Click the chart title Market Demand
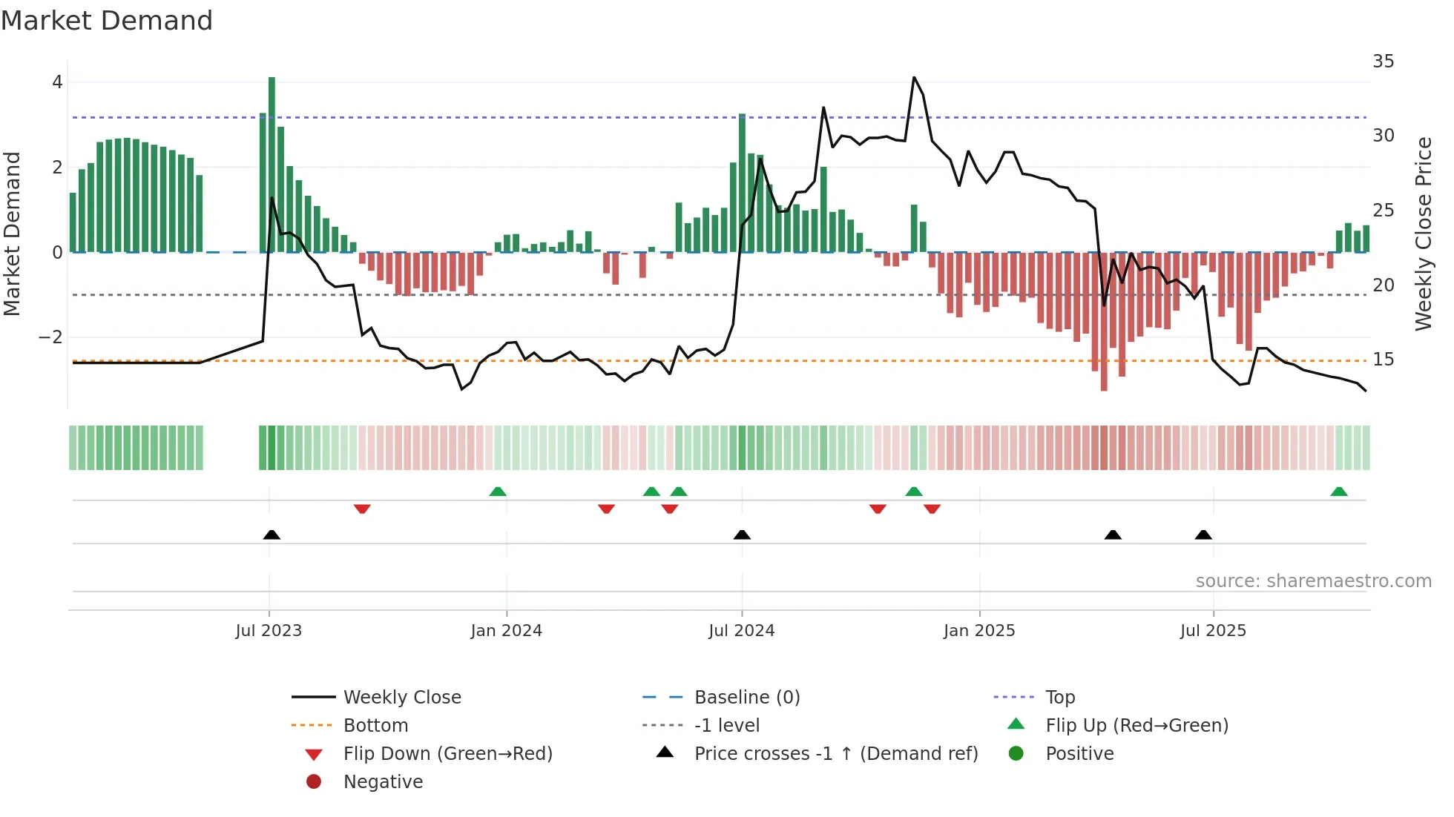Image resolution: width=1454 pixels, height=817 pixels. tap(107, 21)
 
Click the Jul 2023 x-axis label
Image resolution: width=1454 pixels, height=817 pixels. tap(269, 631)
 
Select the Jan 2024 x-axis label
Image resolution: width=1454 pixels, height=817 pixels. tap(507, 631)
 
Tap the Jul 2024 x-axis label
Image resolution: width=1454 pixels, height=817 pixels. tap(742, 631)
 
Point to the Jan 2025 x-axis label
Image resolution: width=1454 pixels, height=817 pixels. tap(979, 631)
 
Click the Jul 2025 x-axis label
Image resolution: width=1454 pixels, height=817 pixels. tap(1214, 631)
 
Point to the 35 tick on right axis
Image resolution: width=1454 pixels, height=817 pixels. tap(1383, 62)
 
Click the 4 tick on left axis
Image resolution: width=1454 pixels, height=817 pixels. tap(57, 82)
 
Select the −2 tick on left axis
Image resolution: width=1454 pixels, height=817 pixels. tap(50, 337)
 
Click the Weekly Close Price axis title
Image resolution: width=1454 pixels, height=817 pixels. tap(1423, 234)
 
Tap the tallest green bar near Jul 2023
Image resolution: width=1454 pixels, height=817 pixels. tap(272, 163)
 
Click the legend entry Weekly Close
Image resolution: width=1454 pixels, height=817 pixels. tap(401, 698)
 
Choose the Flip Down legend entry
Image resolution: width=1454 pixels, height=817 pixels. tap(447, 754)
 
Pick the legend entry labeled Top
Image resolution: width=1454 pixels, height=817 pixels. tap(1059, 698)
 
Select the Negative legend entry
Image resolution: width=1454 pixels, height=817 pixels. tap(383, 782)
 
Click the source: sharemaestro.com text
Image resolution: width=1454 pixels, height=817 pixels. tap(1313, 581)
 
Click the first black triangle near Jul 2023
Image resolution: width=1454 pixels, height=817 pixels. tap(272, 535)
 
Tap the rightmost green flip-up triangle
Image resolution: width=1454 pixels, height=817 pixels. tap(1339, 492)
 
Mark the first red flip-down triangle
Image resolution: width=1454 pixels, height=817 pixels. tap(362, 509)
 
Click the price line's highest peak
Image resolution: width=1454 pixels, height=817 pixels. tap(914, 78)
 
